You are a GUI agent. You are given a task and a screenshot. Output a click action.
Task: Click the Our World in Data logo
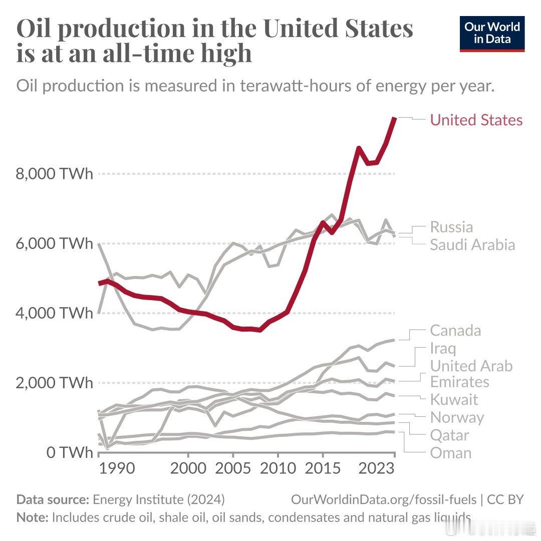[492, 33]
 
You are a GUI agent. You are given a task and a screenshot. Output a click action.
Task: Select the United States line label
[476, 120]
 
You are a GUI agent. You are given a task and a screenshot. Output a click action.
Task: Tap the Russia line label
[451, 227]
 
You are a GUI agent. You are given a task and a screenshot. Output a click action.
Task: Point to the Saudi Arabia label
[472, 245]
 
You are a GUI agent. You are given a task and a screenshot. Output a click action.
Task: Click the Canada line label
[455, 331]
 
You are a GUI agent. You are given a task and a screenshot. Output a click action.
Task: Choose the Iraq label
[443, 348]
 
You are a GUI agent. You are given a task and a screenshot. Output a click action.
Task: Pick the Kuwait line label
[454, 400]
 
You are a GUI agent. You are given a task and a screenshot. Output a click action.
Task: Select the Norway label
[457, 417]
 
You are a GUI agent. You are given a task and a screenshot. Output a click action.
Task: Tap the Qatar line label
[449, 435]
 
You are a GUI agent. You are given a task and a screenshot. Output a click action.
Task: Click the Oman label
[451, 453]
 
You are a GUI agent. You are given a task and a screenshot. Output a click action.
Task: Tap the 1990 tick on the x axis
[117, 469]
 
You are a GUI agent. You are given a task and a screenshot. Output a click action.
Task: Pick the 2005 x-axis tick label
[232, 469]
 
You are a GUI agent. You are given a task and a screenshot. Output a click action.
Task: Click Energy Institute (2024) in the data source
[159, 499]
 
